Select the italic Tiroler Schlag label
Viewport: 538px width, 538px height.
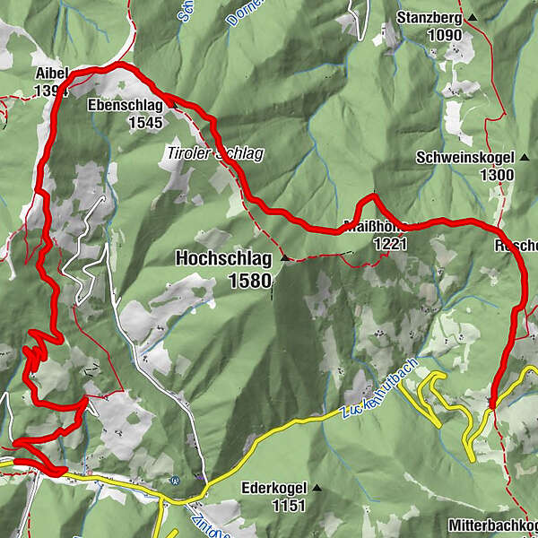[215, 154]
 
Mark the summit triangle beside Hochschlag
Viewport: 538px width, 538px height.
[285, 259]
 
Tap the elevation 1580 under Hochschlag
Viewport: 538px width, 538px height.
[248, 282]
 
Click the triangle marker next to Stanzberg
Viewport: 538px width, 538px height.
[473, 18]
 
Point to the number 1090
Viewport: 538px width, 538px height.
[444, 36]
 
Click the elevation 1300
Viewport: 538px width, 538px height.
[496, 175]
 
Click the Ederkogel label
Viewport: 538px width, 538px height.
[274, 489]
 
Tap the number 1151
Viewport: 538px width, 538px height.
[289, 506]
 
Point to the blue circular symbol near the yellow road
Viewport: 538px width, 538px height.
[177, 480]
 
